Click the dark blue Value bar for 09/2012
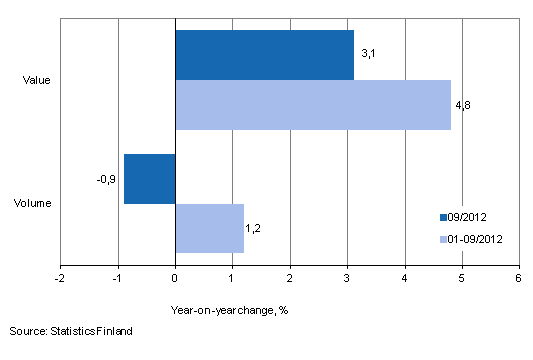click(264, 55)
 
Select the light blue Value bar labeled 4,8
click(312, 105)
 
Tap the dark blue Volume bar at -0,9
click(150, 179)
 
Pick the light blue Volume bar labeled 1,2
click(209, 228)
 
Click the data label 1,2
click(253, 229)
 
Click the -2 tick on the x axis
click(60, 277)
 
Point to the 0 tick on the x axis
click(175, 277)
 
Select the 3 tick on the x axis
click(347, 277)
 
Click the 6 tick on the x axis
click(518, 277)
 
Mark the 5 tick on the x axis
click(461, 277)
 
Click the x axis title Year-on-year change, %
click(229, 309)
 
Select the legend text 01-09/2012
click(475, 239)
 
